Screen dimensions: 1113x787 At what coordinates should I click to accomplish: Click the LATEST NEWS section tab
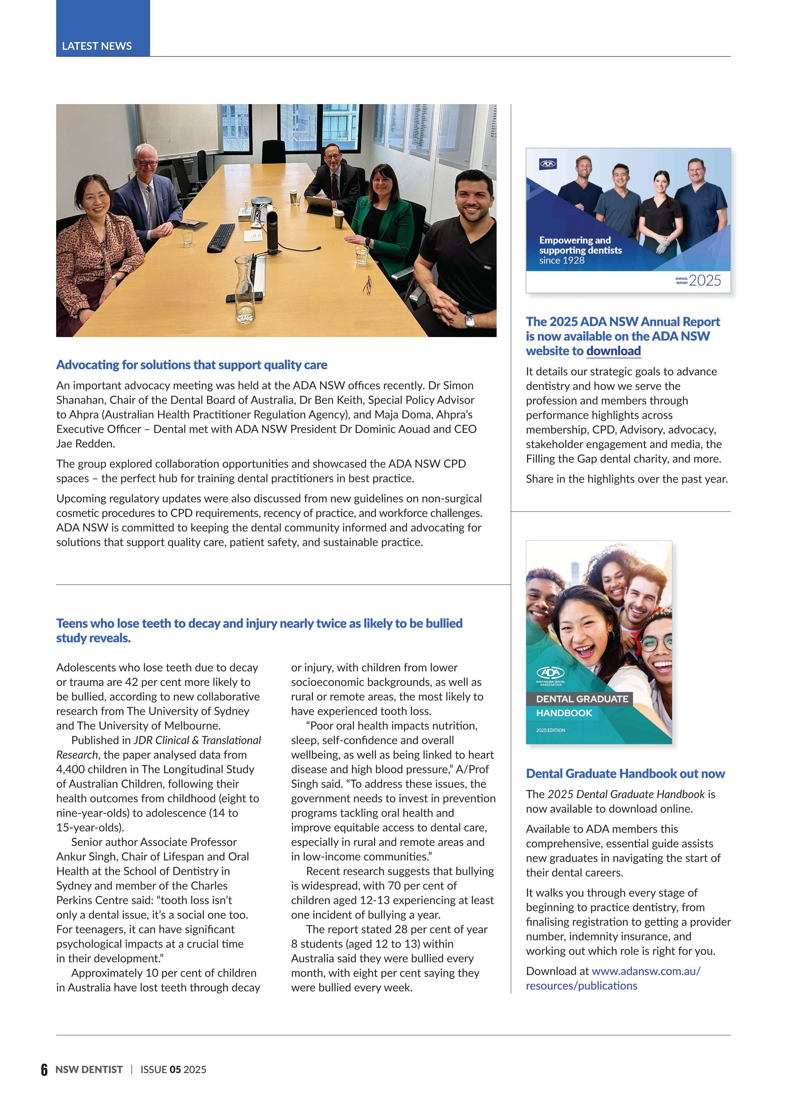97,46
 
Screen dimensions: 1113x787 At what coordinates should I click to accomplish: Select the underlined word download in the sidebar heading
613,351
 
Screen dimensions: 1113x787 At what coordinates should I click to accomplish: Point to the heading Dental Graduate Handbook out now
625,774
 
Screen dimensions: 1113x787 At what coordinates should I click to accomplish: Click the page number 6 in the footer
44,1070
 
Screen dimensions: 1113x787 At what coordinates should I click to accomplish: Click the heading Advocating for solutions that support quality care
191,365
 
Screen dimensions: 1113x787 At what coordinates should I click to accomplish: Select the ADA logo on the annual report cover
548,164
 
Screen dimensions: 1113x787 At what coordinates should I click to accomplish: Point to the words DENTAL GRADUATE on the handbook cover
582,699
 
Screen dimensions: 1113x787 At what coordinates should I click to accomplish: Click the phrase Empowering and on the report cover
575,241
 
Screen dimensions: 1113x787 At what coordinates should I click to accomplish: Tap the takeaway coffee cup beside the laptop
339,218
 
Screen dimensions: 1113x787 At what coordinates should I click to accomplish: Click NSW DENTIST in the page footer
89,1070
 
